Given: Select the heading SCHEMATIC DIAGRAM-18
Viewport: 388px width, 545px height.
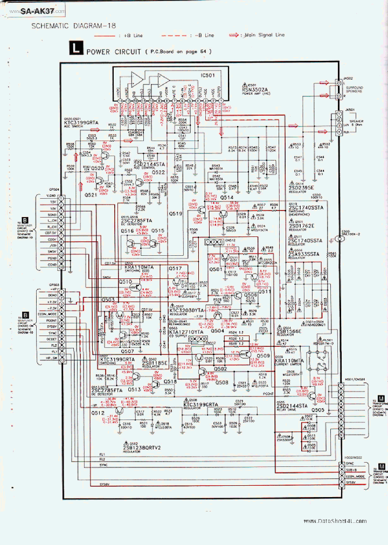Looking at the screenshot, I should pyautogui.click(x=73, y=25).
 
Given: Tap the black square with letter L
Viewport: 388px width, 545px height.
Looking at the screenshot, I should pyautogui.click(x=75, y=51).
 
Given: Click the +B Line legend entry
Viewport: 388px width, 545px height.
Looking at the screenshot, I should pyautogui.click(x=129, y=35).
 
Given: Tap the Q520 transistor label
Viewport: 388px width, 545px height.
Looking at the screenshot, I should pyautogui.click(x=98, y=169).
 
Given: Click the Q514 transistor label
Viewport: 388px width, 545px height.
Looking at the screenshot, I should pyautogui.click(x=227, y=198).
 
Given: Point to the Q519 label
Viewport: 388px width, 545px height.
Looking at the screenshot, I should pyautogui.click(x=176, y=214).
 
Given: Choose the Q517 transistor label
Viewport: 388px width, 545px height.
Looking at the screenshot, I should pyautogui.click(x=176, y=268).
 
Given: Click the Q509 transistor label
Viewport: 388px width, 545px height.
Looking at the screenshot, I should pyautogui.click(x=263, y=355).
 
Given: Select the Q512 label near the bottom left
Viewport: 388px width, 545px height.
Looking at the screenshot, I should pyautogui.click(x=98, y=413).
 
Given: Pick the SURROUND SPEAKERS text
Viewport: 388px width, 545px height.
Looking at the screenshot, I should pyautogui.click(x=355, y=88).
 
